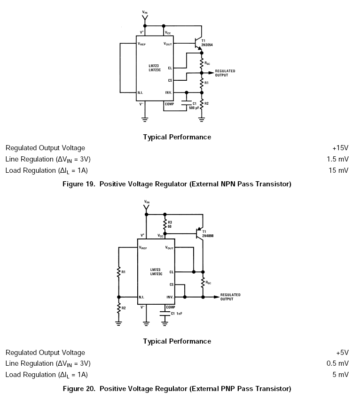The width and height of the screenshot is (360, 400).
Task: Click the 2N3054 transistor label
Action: click(x=207, y=45)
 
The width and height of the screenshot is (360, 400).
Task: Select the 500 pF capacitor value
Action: click(x=194, y=108)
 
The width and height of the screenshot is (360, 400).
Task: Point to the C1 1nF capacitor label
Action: click(x=177, y=313)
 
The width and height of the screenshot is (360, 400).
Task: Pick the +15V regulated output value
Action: click(x=340, y=148)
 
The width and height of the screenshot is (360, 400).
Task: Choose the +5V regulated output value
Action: click(x=342, y=352)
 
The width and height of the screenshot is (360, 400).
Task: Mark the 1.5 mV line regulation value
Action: click(x=337, y=159)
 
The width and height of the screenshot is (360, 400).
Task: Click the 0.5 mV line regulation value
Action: click(x=337, y=363)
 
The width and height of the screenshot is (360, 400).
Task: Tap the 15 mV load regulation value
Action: click(x=338, y=170)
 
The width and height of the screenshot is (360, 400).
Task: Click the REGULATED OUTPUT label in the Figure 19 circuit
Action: click(x=225, y=73)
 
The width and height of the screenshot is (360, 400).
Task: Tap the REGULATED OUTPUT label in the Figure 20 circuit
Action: click(x=230, y=297)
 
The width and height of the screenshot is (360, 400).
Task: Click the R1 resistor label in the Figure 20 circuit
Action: click(x=124, y=272)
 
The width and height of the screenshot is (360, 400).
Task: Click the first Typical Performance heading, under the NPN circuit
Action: click(x=177, y=137)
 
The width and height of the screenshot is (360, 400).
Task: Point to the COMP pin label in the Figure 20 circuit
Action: click(x=170, y=307)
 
